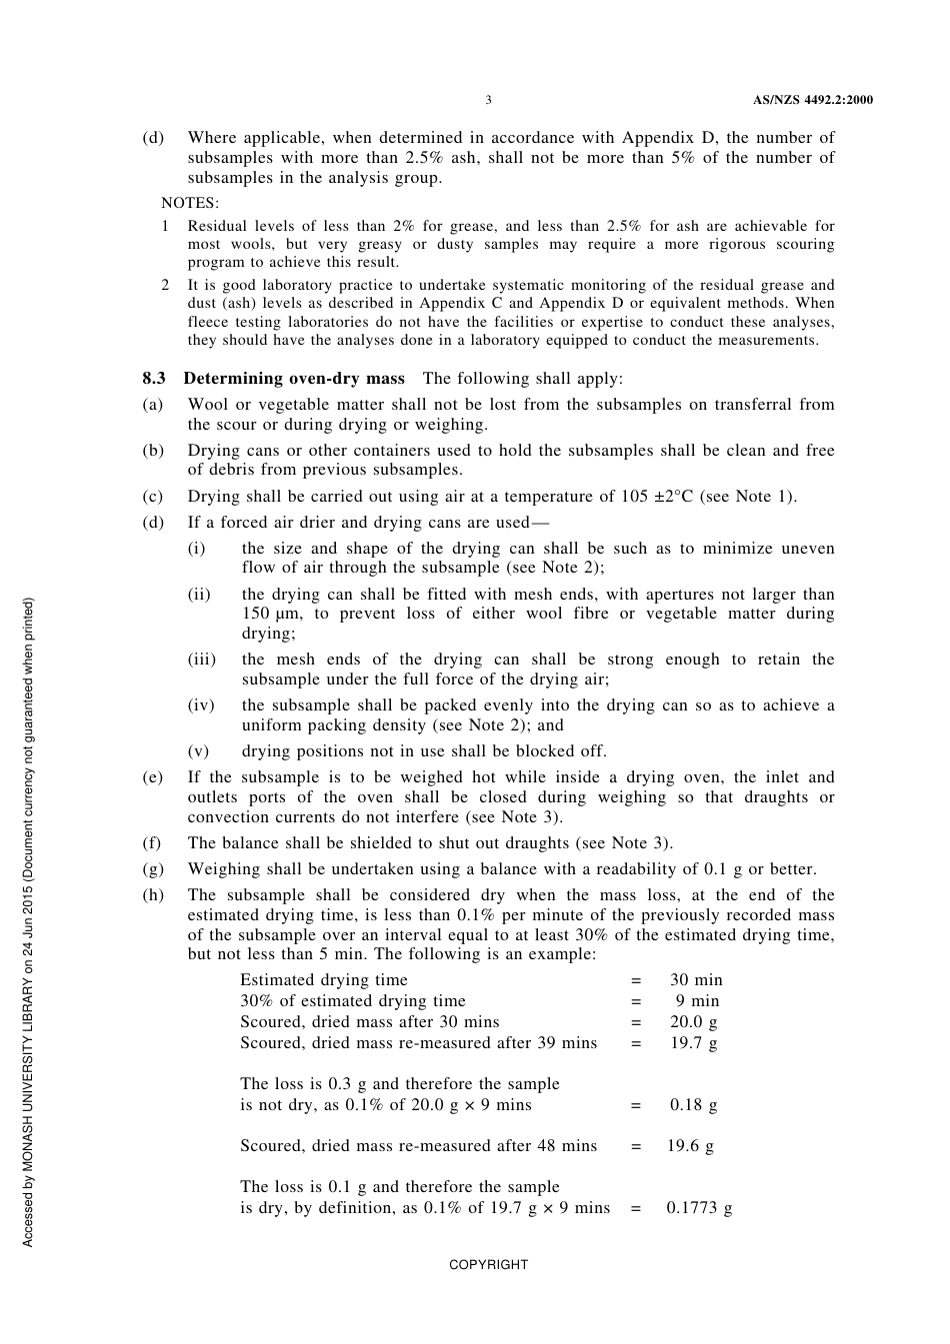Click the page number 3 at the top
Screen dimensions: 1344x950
(x=488, y=100)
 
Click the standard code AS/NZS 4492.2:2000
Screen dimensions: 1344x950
(x=812, y=100)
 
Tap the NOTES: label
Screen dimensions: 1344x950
(x=189, y=203)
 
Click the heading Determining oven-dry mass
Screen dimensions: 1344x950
(x=294, y=378)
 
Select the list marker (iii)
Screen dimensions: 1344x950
(x=201, y=660)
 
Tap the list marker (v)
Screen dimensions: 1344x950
(x=198, y=751)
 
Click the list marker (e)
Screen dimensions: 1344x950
(x=153, y=777)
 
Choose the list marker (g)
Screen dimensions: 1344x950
(x=153, y=869)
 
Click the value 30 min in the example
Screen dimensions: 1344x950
(x=696, y=980)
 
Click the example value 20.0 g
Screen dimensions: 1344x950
(x=694, y=1022)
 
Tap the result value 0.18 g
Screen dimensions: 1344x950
(x=694, y=1105)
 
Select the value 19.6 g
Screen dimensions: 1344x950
(x=690, y=1146)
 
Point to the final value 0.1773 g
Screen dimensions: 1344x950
(x=699, y=1208)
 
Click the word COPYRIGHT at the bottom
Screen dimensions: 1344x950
(x=488, y=1265)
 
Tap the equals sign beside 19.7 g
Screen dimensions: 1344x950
(x=636, y=1043)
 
